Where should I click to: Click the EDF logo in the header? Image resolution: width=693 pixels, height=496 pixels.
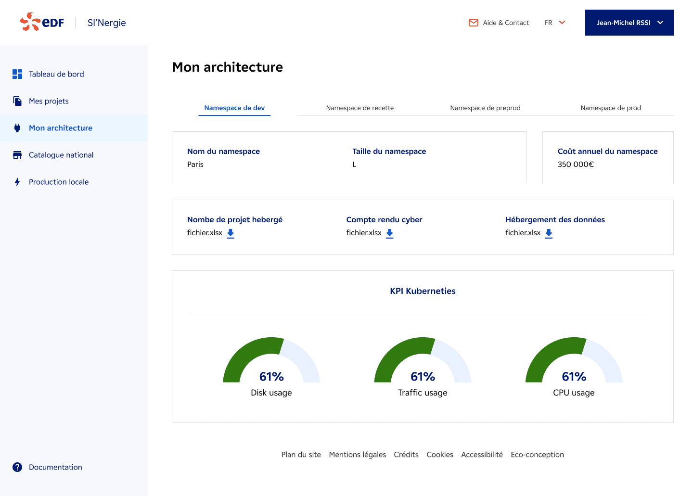[42, 22]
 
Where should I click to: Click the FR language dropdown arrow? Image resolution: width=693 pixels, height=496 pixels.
[562, 23]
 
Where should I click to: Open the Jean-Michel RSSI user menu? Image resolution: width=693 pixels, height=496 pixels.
[629, 23]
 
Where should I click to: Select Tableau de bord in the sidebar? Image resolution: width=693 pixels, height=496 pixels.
[56, 74]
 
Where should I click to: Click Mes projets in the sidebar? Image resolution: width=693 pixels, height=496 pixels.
[49, 101]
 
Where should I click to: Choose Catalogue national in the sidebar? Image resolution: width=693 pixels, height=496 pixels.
[61, 155]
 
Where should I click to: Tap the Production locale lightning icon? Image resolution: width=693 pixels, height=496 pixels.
[17, 182]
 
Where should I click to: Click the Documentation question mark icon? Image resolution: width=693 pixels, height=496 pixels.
[17, 467]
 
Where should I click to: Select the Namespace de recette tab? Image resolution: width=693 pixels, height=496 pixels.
[360, 108]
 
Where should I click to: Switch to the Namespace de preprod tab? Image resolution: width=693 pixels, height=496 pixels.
[485, 108]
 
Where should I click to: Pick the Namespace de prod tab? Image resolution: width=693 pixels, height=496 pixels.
[611, 108]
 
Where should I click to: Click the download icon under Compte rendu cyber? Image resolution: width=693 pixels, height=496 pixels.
[390, 233]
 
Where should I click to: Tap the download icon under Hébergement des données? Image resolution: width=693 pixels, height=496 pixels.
[549, 233]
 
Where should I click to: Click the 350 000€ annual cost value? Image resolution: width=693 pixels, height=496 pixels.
[576, 165]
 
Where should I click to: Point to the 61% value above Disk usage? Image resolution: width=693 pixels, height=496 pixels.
[271, 377]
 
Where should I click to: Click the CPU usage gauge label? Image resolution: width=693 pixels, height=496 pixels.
[574, 393]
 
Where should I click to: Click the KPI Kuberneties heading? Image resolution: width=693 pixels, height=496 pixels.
[423, 291]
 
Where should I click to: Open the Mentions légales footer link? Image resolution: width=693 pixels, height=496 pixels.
[358, 455]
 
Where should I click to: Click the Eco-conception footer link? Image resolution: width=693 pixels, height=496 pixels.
[537, 455]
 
